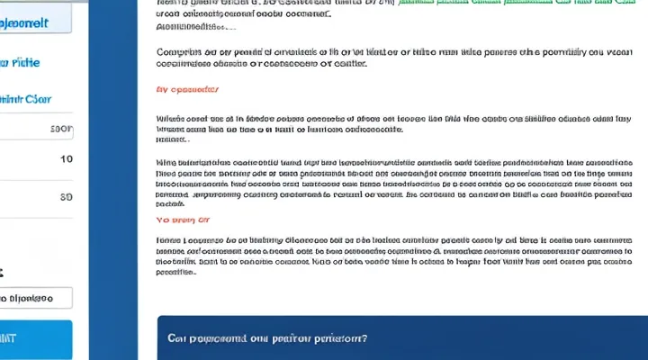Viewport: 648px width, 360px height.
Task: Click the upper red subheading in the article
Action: [187, 90]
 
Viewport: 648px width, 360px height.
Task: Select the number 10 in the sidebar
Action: [66, 159]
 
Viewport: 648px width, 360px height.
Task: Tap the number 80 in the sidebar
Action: [66, 196]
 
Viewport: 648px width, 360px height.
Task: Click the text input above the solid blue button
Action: [36, 298]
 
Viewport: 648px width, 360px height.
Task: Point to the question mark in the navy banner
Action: [364, 338]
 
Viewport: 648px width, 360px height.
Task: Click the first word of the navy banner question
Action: [177, 338]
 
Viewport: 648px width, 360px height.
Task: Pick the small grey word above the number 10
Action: [62, 129]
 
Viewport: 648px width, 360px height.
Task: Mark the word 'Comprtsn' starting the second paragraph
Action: [179, 52]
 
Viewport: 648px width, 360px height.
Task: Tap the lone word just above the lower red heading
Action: [171, 205]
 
